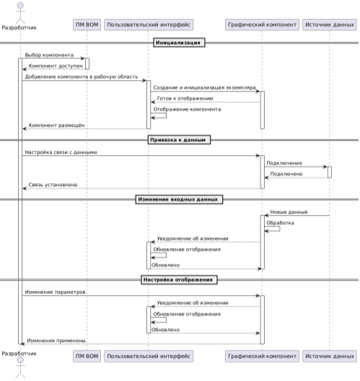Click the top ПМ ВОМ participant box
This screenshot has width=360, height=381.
point(87,25)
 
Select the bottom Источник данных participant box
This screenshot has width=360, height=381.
point(330,356)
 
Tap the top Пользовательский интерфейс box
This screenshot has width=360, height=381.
point(149,25)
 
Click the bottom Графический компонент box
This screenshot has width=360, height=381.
point(262,356)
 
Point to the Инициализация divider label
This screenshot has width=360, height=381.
point(179,43)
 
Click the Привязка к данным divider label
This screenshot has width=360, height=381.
point(179,140)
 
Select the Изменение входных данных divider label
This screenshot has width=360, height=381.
point(179,199)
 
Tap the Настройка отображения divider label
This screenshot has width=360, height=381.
point(179,280)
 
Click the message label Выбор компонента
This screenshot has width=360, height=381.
point(49,55)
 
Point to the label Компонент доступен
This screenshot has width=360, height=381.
point(56,66)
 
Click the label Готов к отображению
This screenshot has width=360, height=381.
point(185,98)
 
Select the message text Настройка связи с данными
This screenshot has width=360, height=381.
point(61,152)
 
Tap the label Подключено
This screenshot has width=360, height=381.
point(286,174)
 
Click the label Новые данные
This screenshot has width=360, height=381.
point(289,212)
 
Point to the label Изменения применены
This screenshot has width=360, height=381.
point(56,341)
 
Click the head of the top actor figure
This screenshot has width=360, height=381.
point(20,6)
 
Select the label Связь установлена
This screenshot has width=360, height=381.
point(53,185)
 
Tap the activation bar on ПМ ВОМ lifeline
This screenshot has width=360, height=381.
point(87,63)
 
